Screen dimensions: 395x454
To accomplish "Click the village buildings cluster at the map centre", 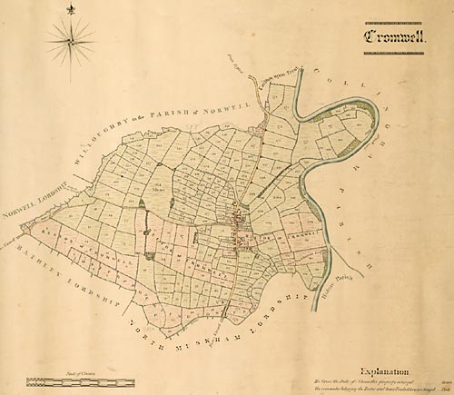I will [240, 223].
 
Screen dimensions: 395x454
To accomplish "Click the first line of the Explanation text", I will [381, 382].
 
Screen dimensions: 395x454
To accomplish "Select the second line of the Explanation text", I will [381, 390].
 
